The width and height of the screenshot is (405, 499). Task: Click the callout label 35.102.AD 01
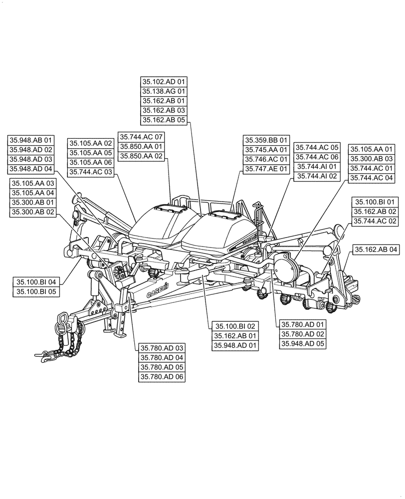coord(164,82)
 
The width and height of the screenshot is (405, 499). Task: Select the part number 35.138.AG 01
coord(164,91)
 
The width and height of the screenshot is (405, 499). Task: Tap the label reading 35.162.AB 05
coord(164,120)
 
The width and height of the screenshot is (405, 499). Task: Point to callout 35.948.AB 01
coord(30,140)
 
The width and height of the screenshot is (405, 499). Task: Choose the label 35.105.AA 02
coord(91,143)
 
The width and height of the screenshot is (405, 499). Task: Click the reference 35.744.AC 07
coord(141,137)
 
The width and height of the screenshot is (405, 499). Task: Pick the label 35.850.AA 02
coord(141,156)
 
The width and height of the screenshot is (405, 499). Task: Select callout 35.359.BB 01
coord(266,140)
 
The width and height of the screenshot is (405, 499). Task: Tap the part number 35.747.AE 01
coord(266,169)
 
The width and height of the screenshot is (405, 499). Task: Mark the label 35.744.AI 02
coord(317,176)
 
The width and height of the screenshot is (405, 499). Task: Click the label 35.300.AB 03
coord(372,159)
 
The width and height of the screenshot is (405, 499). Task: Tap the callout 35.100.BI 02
coord(234,326)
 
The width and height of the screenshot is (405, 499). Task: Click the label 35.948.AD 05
coord(303,343)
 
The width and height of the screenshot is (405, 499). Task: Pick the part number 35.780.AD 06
coord(162,377)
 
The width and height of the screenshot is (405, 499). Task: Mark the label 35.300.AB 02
coord(33,212)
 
